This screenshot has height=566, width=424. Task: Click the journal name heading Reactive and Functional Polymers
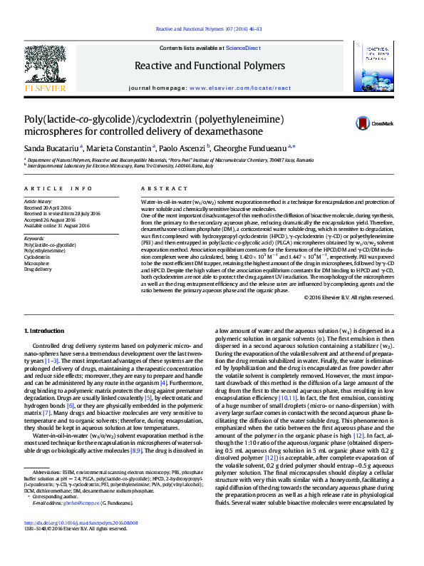coord(210,66)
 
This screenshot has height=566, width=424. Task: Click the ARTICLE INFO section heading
coord(58,188)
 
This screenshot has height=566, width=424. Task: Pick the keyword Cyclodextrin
coord(37,257)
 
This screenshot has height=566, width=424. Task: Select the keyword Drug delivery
coord(38,269)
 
